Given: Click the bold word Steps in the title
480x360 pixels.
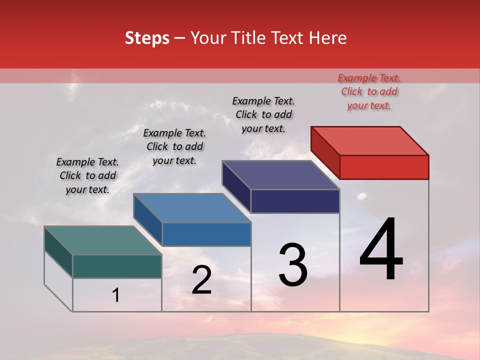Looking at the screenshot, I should coord(147,38).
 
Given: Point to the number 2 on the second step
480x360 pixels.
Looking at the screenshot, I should coord(201,280).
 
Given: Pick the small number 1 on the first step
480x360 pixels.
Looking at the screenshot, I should coord(116,295).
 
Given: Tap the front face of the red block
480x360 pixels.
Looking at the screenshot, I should coord(384,167).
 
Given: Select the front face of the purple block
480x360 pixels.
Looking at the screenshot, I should coord(295,201).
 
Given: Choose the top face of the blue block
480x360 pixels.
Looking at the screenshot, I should coord(192,208).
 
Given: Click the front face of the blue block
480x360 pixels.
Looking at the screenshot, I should coord(206,234).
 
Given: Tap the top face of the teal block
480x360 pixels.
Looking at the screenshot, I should coord(103,240).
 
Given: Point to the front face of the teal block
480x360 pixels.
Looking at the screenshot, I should coord(117,266).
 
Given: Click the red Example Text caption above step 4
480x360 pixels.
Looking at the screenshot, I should coord(369,91).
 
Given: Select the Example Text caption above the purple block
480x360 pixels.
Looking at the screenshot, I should coord(263,114).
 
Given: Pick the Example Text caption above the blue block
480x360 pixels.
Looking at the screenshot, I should coord(174,146).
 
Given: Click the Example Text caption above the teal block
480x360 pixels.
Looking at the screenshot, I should coord(87,175).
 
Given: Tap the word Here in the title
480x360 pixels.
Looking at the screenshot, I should coord(327,38).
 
